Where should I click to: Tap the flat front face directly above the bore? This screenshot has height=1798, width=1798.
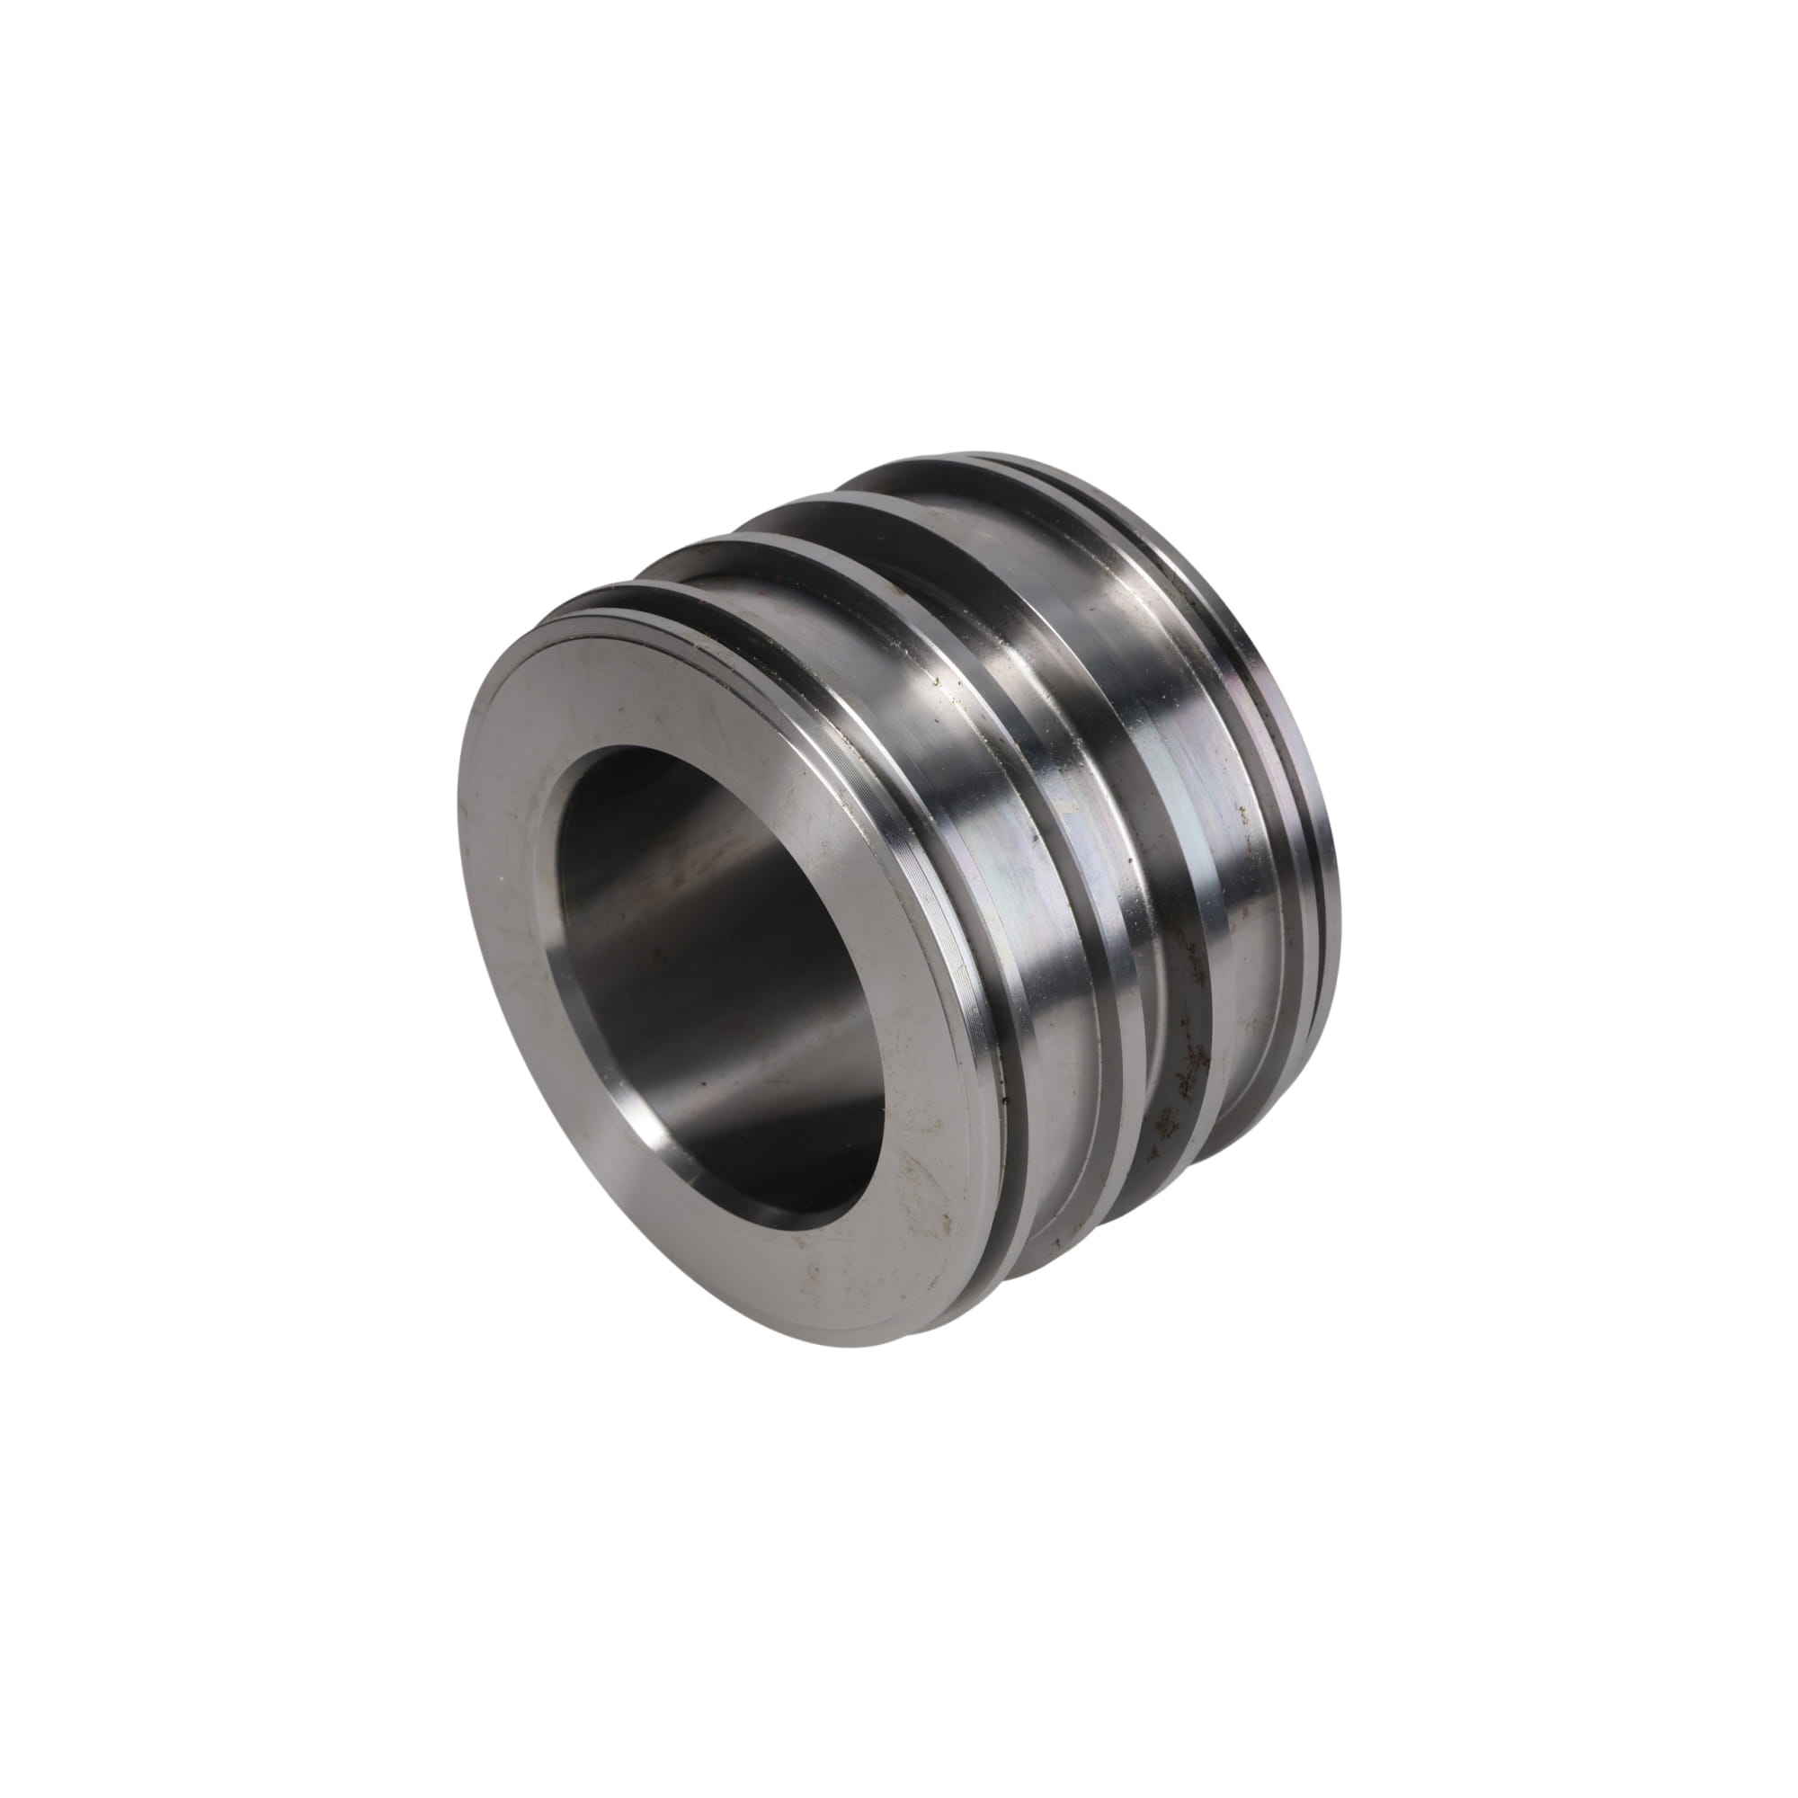652,680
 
